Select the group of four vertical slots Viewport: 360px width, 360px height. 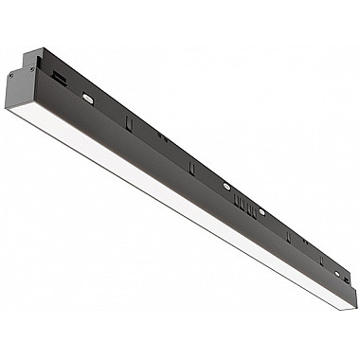pyautogui.click(x=244, y=201)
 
